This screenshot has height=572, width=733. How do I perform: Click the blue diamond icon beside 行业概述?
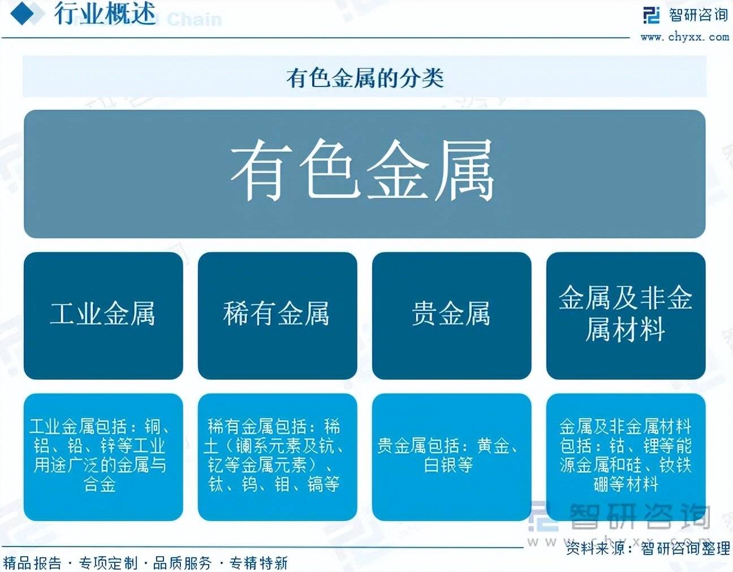28,13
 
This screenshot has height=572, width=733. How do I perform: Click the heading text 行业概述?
105,14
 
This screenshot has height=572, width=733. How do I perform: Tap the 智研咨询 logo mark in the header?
651,15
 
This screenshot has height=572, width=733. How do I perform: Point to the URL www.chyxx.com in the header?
685,37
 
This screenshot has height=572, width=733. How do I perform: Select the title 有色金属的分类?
365,77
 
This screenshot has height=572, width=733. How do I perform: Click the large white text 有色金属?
363,171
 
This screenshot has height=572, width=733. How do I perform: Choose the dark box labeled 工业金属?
104,315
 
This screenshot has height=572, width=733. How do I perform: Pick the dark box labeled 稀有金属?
277,315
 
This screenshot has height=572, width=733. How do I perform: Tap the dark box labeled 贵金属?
452,315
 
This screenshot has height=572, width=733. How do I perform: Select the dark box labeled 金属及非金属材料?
626,315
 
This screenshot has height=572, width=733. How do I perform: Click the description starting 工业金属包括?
100,455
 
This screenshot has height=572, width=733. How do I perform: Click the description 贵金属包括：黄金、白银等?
449,455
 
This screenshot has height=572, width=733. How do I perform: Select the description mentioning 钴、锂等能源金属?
626,455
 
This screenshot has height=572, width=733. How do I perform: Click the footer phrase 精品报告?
32,563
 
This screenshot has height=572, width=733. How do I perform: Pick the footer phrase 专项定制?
109,563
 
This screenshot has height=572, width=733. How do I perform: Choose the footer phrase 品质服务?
183,563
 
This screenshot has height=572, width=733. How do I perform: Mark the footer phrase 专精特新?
258,563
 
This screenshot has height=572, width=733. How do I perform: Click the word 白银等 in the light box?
449,465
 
